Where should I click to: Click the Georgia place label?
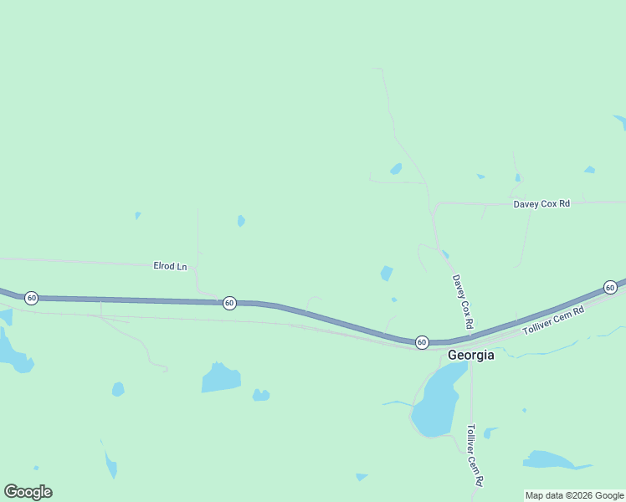pos(471,355)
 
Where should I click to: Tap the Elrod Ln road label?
pos(170,266)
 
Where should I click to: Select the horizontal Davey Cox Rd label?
pos(541,203)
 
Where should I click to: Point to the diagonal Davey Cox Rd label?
pos(463,301)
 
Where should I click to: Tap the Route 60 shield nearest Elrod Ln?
pos(229,303)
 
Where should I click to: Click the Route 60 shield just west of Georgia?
pos(422,342)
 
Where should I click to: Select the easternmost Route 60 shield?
pos(610,288)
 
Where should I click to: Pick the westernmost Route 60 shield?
pos(31,298)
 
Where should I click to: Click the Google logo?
pos(28,492)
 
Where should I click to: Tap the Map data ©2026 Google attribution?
pos(574,495)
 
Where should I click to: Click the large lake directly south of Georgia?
pos(436,402)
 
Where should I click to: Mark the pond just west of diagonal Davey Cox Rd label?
pos(386,273)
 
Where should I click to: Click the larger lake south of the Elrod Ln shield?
pos(221,378)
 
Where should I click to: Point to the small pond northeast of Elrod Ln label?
pos(241,221)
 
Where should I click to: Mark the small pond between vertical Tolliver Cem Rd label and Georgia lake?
pos(488,433)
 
